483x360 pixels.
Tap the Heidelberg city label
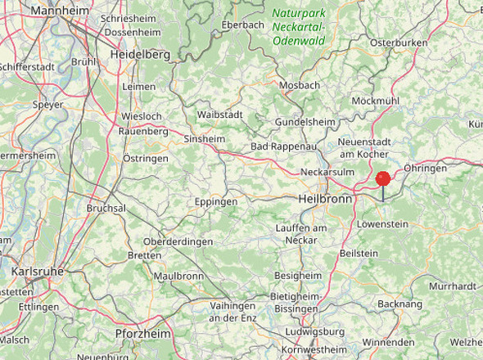point(139,54)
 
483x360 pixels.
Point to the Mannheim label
point(61,11)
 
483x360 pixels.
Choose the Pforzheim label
point(142,334)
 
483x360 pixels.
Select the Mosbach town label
point(300,85)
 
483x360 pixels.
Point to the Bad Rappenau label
point(282,146)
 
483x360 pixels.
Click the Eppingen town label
point(216,201)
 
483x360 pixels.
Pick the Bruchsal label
point(106,208)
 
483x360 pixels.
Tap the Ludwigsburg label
point(315,331)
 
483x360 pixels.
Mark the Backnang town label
point(400,304)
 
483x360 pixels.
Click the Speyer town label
point(47,105)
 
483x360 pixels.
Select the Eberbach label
point(242,25)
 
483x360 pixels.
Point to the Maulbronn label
point(178,277)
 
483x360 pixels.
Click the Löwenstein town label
point(382,223)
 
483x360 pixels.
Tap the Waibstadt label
point(219,115)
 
